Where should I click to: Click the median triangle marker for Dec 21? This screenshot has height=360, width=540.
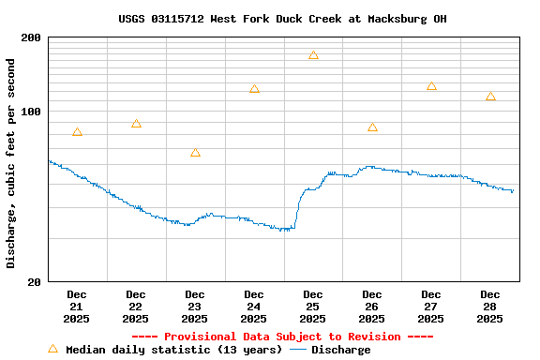click(77, 132)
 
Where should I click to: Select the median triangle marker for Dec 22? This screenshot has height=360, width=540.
click(136, 124)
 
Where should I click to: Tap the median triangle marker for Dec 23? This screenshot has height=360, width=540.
click(195, 153)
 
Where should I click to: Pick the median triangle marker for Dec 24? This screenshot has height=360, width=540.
click(254, 89)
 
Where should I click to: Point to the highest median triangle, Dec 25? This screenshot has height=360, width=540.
click(313, 55)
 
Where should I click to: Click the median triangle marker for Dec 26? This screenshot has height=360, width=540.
click(372, 127)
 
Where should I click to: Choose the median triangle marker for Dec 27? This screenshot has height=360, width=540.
click(431, 86)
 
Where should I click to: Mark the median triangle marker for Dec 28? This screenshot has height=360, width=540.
click(490, 97)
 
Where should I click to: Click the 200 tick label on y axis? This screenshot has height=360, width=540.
click(31, 37)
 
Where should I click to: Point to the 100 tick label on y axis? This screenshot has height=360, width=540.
click(31, 112)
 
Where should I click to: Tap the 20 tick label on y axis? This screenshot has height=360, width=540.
click(34, 281)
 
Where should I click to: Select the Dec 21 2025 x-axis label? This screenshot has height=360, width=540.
click(77, 307)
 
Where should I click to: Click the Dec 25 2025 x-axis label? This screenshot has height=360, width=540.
click(313, 307)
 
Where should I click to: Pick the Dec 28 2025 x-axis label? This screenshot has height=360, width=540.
click(490, 307)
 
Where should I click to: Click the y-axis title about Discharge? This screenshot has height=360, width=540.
click(11, 163)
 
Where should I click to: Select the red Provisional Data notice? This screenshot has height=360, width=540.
click(282, 337)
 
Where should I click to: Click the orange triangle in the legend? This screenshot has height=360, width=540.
click(53, 349)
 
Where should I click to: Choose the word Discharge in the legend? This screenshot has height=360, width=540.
click(340, 350)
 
